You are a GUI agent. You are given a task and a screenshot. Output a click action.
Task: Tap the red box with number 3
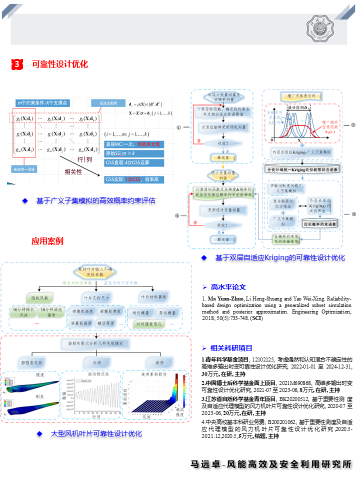pos(17,64)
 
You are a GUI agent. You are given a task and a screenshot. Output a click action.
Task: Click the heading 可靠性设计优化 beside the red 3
pos(60,64)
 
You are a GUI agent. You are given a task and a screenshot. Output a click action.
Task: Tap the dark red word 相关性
pos(74,172)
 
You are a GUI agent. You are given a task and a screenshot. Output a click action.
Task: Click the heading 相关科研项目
pos(231,348)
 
